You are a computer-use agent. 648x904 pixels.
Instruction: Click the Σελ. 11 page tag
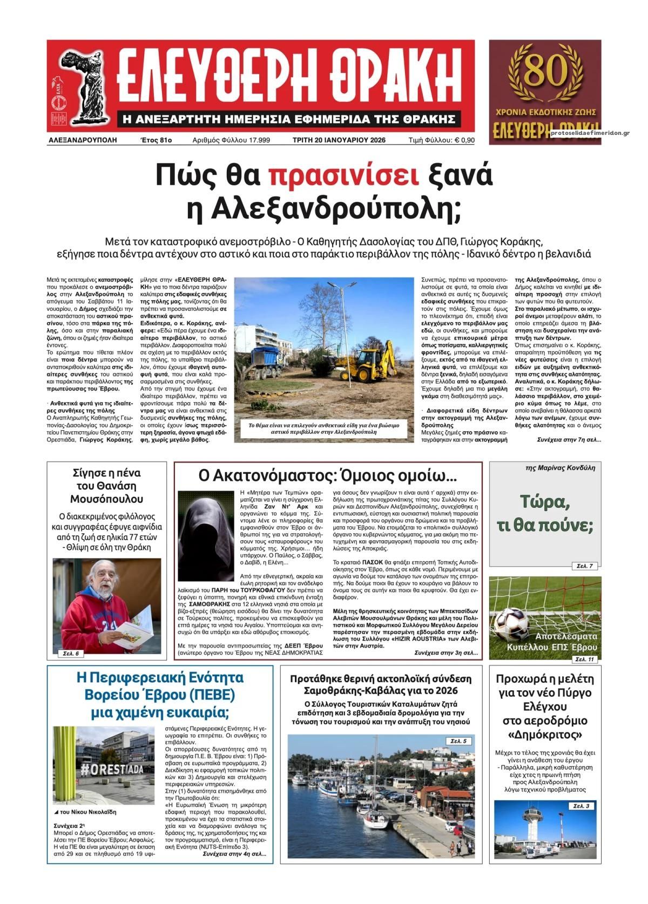point(584,660)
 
